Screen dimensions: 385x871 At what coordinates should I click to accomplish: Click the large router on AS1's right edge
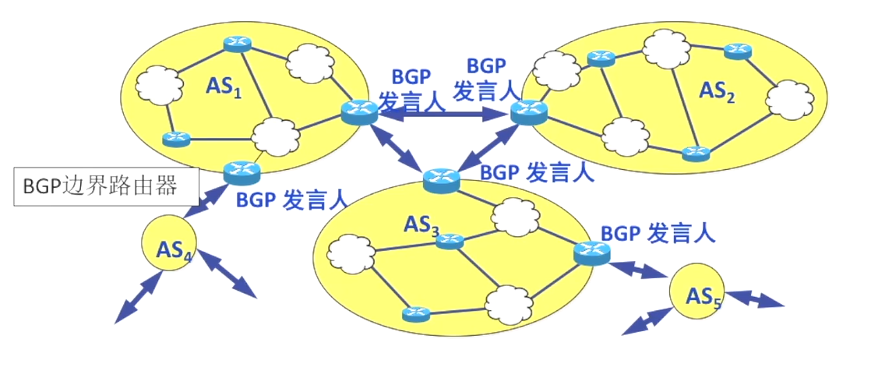click(359, 114)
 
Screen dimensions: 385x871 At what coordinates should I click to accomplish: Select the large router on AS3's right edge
click(593, 251)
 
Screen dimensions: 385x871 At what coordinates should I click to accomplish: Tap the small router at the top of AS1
click(236, 44)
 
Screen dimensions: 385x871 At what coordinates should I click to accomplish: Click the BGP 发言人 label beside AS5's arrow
click(658, 232)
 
